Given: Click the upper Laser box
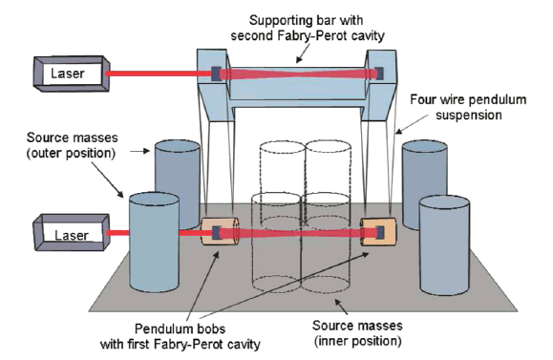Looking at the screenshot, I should pyautogui.click(x=67, y=72).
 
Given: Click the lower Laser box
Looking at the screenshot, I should pyautogui.click(x=66, y=232).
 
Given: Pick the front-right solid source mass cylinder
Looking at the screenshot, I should pyautogui.click(x=447, y=248).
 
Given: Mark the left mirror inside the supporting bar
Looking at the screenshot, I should pyautogui.click(x=216, y=73).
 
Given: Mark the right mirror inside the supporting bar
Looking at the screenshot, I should pyautogui.click(x=379, y=72).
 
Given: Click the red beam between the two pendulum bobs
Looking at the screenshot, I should pyautogui.click(x=297, y=231).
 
